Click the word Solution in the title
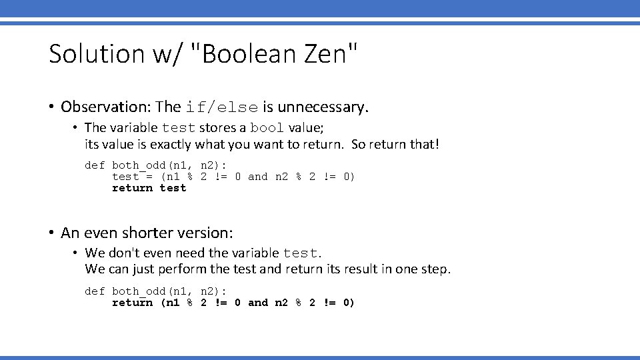[x=95, y=54]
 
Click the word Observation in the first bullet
[x=105, y=107]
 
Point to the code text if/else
[x=221, y=107]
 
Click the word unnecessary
[x=323, y=107]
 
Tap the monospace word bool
[x=267, y=128]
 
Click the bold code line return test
[x=149, y=188]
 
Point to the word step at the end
[x=437, y=269]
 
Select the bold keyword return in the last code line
[x=132, y=303]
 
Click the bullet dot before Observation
[x=51, y=107]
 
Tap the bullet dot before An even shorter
[x=51, y=233]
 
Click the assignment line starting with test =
[x=233, y=177]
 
